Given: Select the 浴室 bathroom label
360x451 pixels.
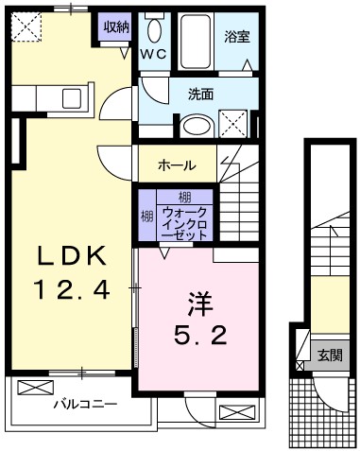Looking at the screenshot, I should (x=237, y=39).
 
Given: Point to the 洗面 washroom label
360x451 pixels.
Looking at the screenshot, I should (x=201, y=94).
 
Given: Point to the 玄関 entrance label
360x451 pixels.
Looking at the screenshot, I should (x=330, y=355).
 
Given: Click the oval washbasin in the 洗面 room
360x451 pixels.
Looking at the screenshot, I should (x=197, y=126).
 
